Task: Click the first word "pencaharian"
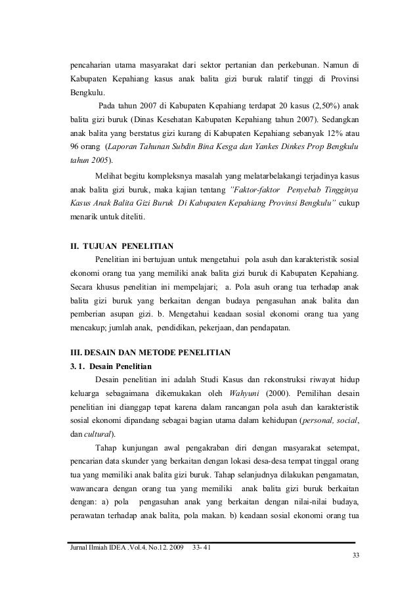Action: coord(91,65)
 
